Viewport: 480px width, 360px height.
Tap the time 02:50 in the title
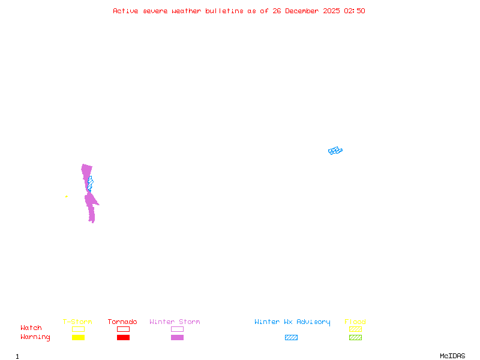355,11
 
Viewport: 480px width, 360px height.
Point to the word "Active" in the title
125,11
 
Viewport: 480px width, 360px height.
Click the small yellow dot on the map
66,196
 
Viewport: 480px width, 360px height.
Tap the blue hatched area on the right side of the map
335,151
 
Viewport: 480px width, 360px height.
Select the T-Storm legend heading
77,322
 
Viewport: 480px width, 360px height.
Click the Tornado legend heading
122,322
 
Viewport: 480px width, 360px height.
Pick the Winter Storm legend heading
175,322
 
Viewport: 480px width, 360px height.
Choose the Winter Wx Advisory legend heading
292,322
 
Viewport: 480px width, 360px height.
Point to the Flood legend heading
355,322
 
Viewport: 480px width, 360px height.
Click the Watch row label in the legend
31,328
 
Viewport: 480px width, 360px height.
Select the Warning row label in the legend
35,337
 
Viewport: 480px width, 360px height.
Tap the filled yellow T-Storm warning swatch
78,338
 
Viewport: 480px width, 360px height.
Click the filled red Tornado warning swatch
123,338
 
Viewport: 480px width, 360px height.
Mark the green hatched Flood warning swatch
355,338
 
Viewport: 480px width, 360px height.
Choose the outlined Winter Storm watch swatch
177,329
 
